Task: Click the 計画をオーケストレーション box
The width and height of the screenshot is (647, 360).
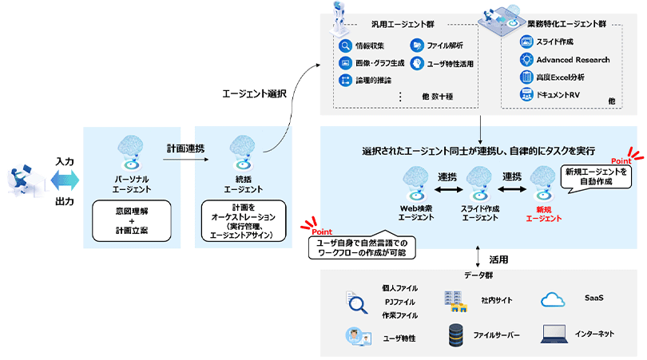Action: (240, 223)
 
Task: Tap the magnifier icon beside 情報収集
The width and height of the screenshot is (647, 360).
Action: (345, 45)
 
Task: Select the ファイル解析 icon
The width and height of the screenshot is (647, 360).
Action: (416, 45)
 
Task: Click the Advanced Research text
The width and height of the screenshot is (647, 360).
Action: (573, 60)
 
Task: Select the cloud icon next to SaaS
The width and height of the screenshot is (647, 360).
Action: (553, 299)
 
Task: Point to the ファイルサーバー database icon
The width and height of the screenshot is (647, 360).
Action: (457, 335)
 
